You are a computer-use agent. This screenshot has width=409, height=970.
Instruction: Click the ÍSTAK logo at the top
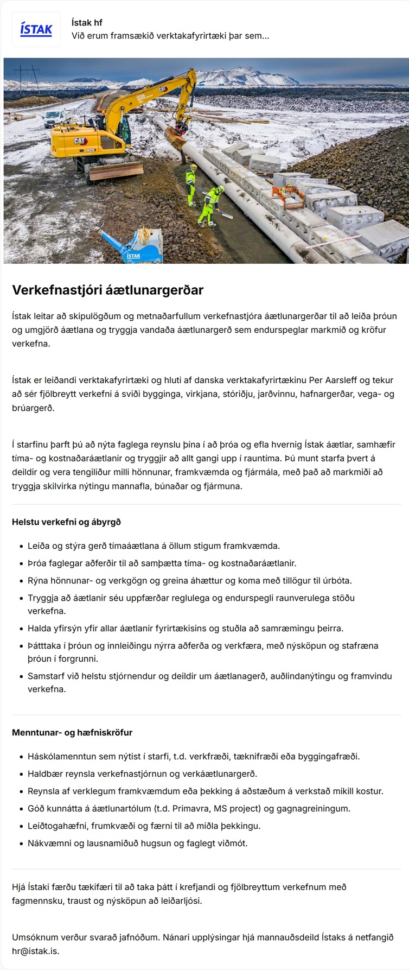pos(36,29)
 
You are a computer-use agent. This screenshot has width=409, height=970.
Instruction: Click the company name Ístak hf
pos(87,23)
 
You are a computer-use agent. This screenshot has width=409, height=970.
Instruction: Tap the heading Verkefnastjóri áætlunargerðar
pos(107,290)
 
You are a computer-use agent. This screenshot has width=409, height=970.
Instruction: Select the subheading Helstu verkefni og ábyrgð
pos(66,522)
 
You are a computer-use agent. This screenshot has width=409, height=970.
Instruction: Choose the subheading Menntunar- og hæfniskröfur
pos(72,732)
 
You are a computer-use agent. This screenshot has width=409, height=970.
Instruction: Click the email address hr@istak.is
pos(35,951)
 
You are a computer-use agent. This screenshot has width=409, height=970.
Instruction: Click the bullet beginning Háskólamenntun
pos(194,756)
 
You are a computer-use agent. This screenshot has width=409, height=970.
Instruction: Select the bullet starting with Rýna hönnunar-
pos(189,580)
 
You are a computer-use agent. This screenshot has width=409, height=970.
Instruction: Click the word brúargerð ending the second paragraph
pos(33,408)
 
